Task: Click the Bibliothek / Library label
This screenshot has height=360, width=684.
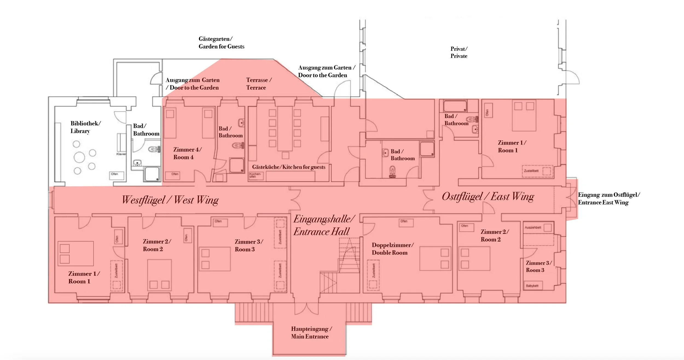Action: coord(85,127)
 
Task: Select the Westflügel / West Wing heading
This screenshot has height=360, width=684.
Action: coord(170,200)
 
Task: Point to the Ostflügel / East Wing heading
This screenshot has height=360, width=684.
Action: coord(488,197)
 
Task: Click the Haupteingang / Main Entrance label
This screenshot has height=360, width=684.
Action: coord(311,332)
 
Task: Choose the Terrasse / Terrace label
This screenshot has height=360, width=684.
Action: coord(258,84)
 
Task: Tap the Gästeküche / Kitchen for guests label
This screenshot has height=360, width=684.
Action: coord(289,167)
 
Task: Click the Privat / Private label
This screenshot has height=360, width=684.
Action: coord(459,52)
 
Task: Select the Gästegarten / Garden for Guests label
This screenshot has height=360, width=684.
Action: coord(221,43)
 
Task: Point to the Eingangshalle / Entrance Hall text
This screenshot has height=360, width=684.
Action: coord(324,225)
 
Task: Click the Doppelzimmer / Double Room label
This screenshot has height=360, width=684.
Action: coord(392,249)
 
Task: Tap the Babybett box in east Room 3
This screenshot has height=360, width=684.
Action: coord(532,286)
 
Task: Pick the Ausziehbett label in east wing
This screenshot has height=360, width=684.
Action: coord(533,227)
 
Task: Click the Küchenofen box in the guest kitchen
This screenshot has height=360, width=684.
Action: coord(256,175)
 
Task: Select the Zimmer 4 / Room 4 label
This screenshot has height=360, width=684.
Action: coord(187,153)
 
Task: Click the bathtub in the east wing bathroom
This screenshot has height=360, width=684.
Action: coord(455,106)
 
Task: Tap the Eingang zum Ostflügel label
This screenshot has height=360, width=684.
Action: coord(608,198)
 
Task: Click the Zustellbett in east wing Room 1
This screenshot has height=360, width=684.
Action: coord(537,171)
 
